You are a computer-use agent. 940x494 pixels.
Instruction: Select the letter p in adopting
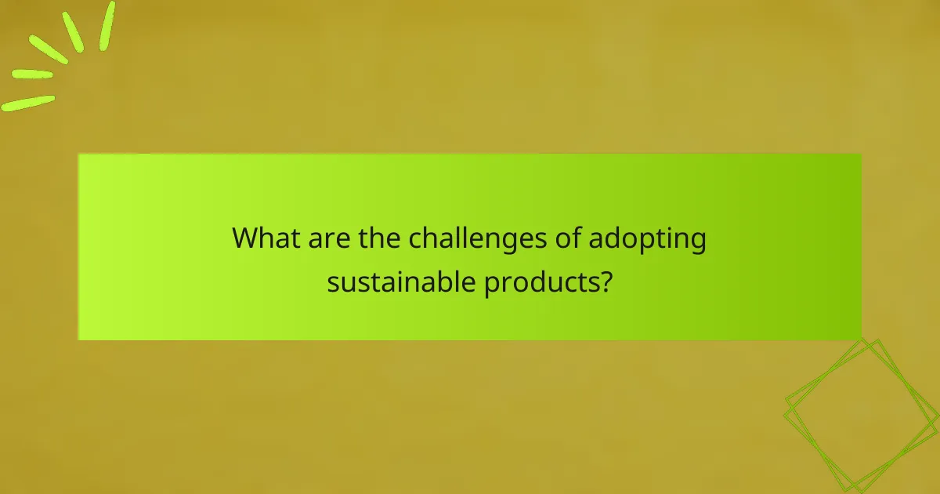click(x=642, y=242)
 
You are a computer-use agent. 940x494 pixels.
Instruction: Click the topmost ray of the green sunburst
click(x=107, y=25)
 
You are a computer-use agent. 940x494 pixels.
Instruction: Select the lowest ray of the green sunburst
click(x=28, y=103)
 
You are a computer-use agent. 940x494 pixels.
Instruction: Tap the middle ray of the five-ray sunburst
click(x=49, y=49)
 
